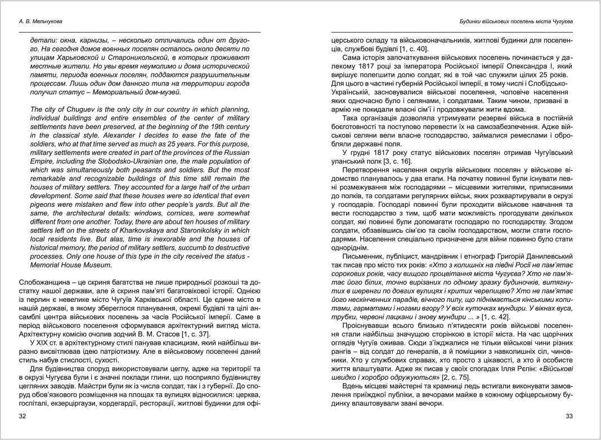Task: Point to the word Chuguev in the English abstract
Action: pyautogui.click(x=71, y=109)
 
